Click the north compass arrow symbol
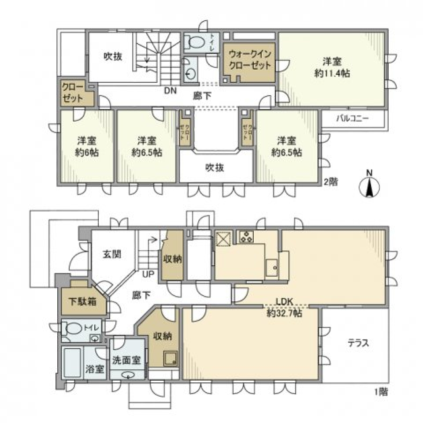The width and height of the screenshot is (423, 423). pos(370,188)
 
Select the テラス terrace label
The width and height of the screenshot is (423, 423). pos(358,343)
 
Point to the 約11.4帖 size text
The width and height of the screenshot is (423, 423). pos(333,74)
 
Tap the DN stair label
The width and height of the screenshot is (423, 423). pos(170,91)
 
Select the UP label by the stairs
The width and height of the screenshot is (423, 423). pos(148,274)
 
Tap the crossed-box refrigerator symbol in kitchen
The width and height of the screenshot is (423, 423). pos(223,239)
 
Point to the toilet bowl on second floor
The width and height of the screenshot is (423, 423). pos(195,42)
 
